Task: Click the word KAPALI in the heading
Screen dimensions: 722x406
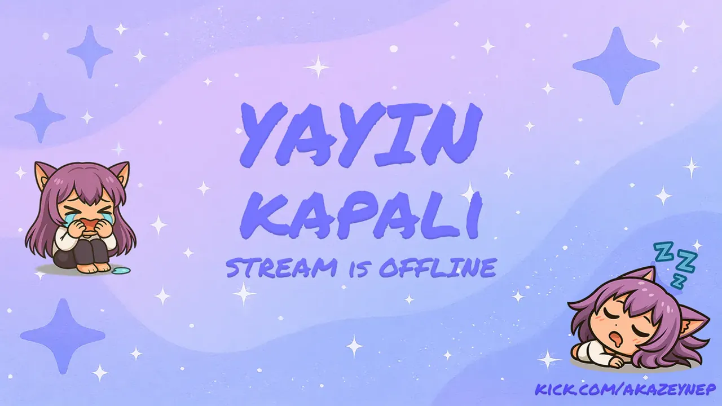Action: [x=361, y=215]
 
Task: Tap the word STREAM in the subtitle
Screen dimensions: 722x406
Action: [x=281, y=268]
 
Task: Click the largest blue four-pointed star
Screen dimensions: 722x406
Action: [x=616, y=66]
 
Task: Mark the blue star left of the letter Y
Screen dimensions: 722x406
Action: [x=40, y=118]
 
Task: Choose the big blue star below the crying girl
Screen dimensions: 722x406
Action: [x=63, y=336]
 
